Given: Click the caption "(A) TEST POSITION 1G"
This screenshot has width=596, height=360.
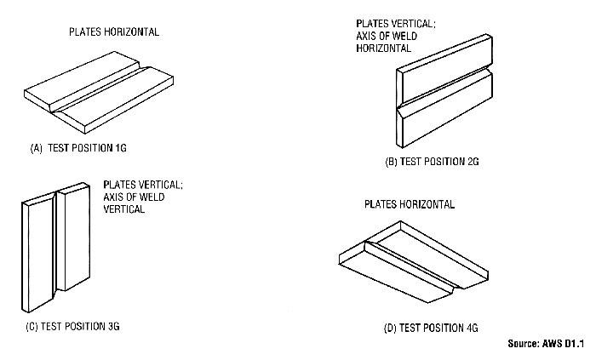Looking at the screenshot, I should (x=78, y=147).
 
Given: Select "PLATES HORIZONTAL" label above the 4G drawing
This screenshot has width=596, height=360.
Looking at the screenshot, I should (x=409, y=204).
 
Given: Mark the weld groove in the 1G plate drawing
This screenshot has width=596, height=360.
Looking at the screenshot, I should (x=112, y=93).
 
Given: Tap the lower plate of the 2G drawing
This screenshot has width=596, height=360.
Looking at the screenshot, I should (x=448, y=115).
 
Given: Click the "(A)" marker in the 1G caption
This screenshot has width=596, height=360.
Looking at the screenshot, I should (x=36, y=147).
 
